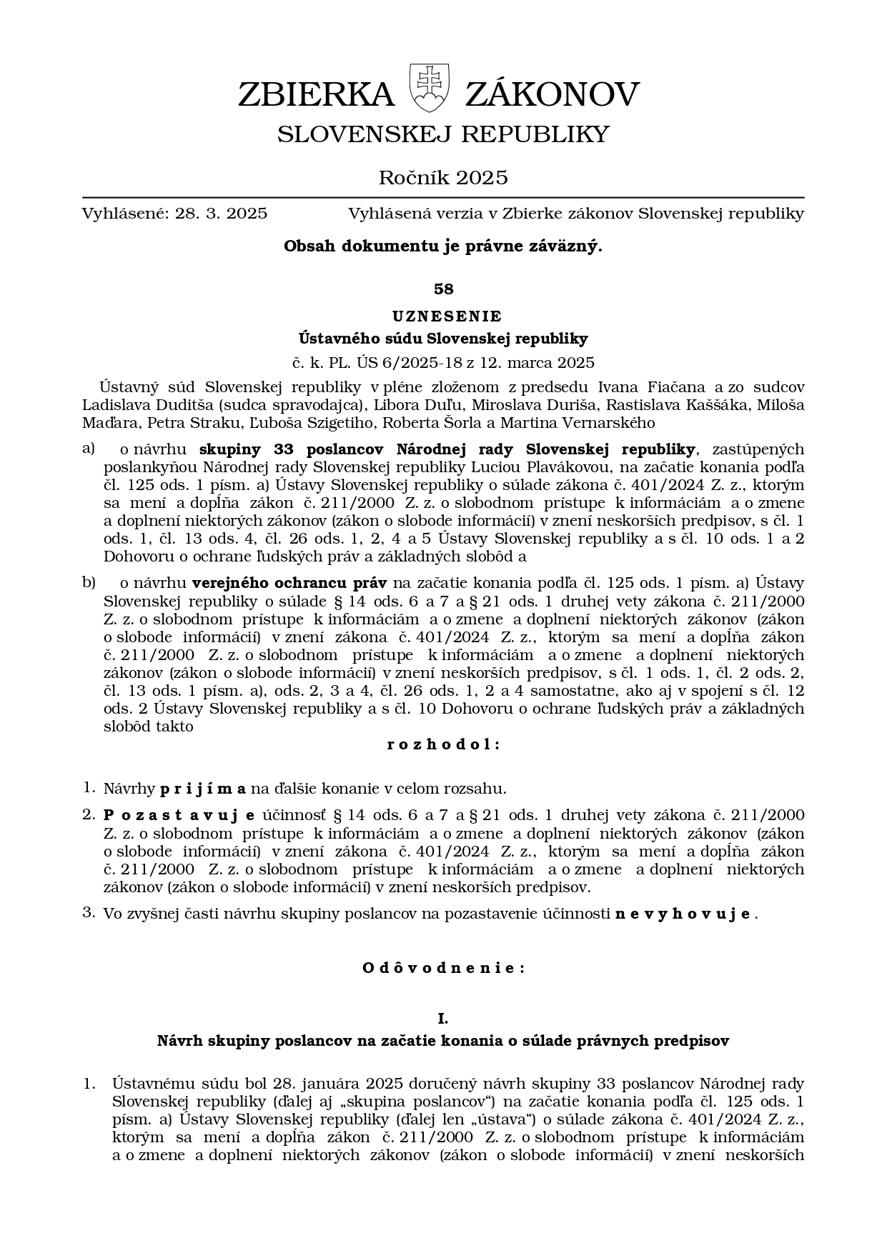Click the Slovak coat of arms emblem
pyautogui.click(x=429, y=88)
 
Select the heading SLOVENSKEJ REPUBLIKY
pyautogui.click(x=443, y=134)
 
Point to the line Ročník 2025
pyautogui.click(x=443, y=177)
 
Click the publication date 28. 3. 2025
pyautogui.click(x=221, y=214)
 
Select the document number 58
pyautogui.click(x=443, y=289)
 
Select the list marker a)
pyautogui.click(x=89, y=449)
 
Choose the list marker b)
pyautogui.click(x=89, y=582)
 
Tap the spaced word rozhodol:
pyautogui.click(x=443, y=744)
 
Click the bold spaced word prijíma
pyautogui.click(x=203, y=789)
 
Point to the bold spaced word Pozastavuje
pyautogui.click(x=179, y=815)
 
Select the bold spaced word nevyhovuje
pyautogui.click(x=683, y=914)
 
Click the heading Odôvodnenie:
pyautogui.click(x=443, y=968)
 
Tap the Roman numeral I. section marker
pyautogui.click(x=443, y=1018)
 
